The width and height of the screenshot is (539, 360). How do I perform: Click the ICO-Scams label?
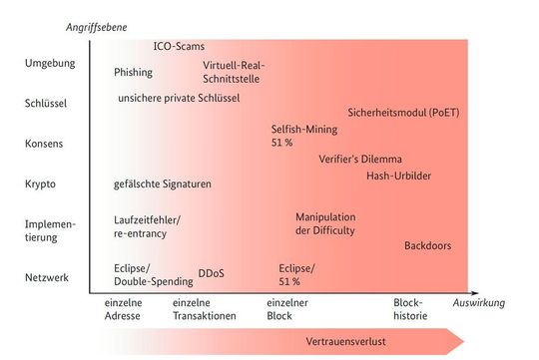click(179, 46)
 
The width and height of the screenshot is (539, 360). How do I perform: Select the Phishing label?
click(134, 72)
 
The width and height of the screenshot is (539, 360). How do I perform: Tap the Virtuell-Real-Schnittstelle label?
click(234, 72)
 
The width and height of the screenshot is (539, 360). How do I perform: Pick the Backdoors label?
click(430, 245)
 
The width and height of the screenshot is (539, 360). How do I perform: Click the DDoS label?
click(211, 271)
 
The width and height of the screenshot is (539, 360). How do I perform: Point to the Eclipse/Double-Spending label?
click(151, 274)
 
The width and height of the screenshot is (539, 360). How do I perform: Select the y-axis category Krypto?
click(41, 184)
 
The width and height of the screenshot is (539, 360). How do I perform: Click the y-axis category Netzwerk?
click(47, 277)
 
